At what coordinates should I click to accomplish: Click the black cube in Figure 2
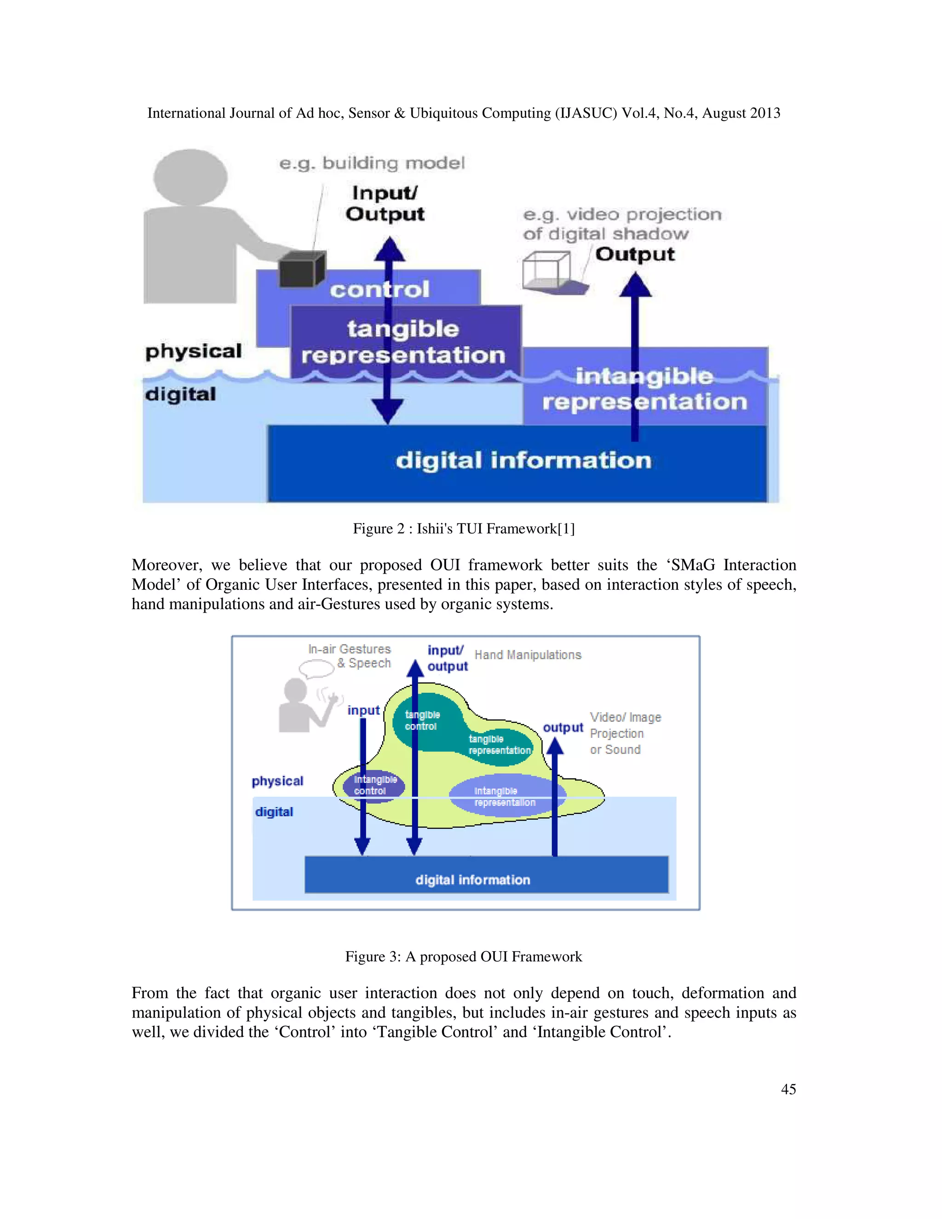point(302,270)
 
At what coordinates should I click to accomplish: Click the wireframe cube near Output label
point(547,270)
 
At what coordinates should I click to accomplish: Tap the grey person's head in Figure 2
point(191,177)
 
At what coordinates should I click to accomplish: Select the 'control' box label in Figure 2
point(379,289)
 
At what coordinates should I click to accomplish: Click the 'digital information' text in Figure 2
point(523,460)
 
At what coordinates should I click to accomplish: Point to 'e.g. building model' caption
point(372,163)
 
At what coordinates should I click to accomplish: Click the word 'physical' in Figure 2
point(193,351)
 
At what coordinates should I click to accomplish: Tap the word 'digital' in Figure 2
point(180,394)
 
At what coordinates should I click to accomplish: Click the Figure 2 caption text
point(463,528)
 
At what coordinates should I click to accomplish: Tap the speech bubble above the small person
point(316,668)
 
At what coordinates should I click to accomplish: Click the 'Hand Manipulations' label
point(528,655)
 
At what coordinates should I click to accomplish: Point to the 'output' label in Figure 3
point(563,728)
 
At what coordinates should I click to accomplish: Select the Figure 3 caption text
point(463,956)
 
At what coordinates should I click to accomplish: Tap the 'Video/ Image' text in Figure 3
point(625,717)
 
